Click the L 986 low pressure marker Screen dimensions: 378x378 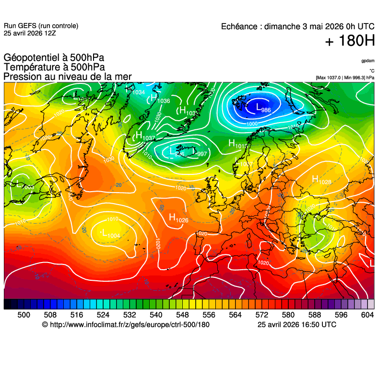(x=263, y=108)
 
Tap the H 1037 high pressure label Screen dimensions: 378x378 (x=144, y=137)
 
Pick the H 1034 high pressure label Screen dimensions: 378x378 (x=136, y=91)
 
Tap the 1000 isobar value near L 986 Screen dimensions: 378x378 (x=251, y=124)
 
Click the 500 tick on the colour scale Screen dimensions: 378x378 (x=24, y=314)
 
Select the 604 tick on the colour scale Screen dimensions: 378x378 (x=367, y=314)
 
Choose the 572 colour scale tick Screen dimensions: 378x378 (x=261, y=314)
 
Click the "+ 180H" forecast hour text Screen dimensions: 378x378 (x=350, y=41)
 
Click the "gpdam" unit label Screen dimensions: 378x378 (x=368, y=61)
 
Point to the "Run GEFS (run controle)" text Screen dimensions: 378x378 (x=41, y=26)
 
